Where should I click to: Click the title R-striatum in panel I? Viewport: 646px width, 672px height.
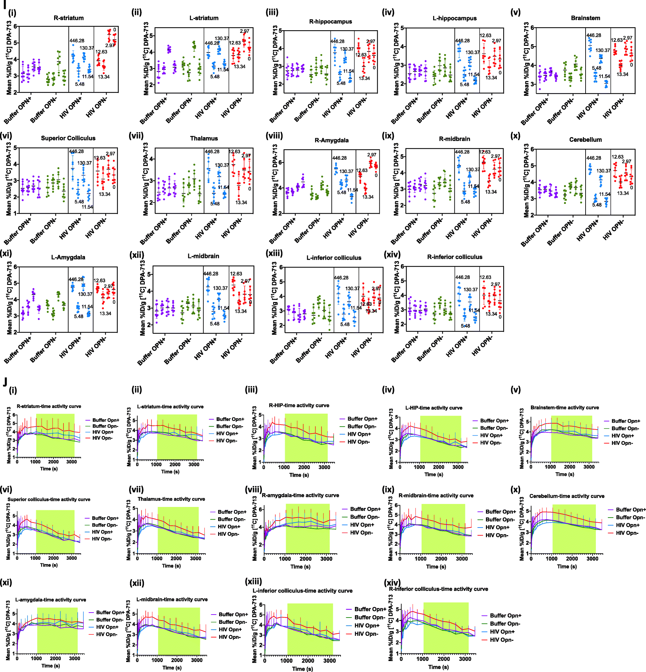[x=69, y=18]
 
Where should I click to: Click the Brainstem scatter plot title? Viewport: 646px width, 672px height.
[x=585, y=18]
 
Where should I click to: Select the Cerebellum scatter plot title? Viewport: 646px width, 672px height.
[x=585, y=139]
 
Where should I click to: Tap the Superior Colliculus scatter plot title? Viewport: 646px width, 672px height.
[x=68, y=138]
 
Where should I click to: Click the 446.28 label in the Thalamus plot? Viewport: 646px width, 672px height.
[x=212, y=151]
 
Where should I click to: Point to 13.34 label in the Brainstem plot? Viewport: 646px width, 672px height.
[x=622, y=74]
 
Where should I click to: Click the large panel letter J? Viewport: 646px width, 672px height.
[x=5, y=381]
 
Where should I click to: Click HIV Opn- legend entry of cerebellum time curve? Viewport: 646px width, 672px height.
[x=627, y=533]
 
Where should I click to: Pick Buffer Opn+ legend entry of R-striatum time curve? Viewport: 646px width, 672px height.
[x=106, y=420]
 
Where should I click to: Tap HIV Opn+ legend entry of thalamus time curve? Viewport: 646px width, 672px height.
[x=229, y=526]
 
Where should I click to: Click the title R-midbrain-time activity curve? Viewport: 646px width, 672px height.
[x=436, y=495]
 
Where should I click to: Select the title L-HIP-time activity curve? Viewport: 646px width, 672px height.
[x=434, y=408]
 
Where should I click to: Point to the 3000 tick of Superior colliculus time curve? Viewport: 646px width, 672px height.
[x=71, y=558]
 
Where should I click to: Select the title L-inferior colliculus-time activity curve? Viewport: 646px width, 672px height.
[x=302, y=590]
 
